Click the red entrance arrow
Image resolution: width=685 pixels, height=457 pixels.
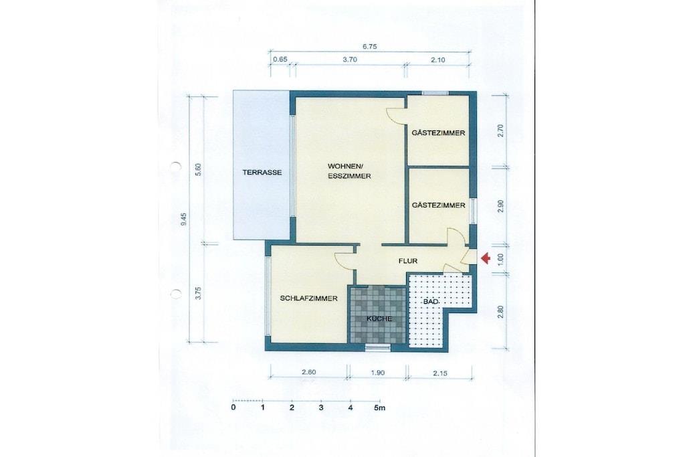[486, 259]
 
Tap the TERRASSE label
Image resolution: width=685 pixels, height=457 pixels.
[262, 173]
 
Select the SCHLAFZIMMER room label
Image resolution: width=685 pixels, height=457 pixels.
[308, 298]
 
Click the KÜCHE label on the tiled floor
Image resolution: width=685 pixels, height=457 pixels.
[379, 319]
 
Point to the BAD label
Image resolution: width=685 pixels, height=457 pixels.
[431, 302]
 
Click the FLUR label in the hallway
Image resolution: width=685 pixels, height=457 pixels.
[408, 261]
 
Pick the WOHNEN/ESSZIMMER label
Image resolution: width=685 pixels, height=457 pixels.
[349, 171]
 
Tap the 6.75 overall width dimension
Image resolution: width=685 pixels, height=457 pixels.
[369, 46]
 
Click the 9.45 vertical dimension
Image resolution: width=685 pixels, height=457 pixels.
[184, 219]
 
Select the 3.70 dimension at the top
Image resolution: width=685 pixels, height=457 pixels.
[350, 60]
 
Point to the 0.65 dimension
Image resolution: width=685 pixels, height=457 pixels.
[280, 60]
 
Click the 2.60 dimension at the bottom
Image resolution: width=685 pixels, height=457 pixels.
[308, 372]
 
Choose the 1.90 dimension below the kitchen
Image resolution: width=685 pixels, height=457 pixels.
[377, 373]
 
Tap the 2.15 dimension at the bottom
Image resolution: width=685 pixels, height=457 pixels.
[439, 373]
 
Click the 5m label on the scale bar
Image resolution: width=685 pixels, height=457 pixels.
[380, 408]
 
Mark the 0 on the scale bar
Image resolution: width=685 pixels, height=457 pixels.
[233, 407]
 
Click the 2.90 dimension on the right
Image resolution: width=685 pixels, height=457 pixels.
[501, 206]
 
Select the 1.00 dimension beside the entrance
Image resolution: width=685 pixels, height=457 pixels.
[501, 260]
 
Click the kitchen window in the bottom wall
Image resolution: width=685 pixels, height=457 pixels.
[378, 347]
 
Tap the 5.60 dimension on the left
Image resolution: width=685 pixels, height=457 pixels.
[198, 169]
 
